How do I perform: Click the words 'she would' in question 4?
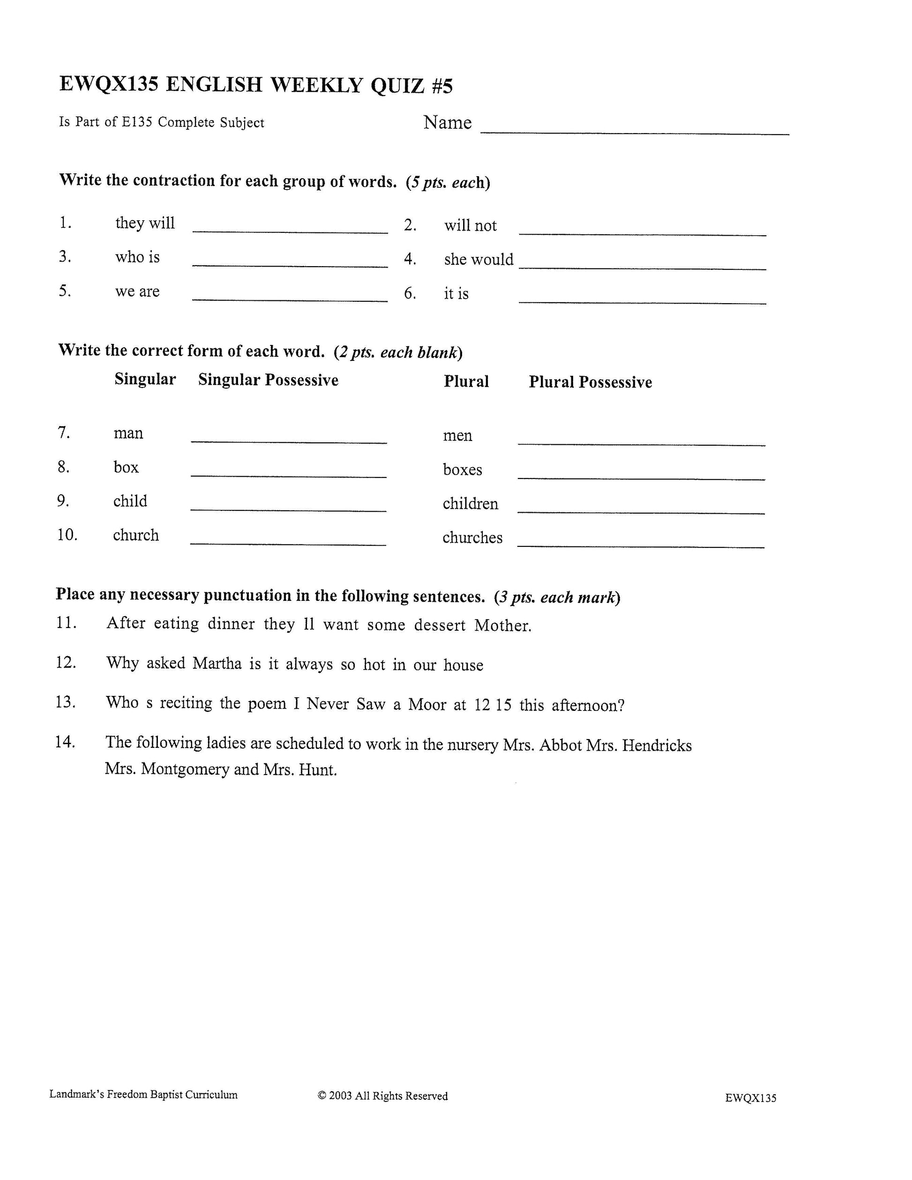[478, 260]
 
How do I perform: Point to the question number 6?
[410, 293]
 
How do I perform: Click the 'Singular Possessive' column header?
[268, 380]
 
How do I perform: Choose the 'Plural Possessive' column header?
[590, 382]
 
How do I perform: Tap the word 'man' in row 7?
[128, 433]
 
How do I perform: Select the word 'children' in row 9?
[470, 504]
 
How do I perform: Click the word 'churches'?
[472, 538]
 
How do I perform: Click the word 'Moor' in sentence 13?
[426, 704]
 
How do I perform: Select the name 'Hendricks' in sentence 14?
[657, 746]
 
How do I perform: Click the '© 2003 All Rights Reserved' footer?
[382, 1096]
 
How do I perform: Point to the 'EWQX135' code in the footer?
[750, 1098]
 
